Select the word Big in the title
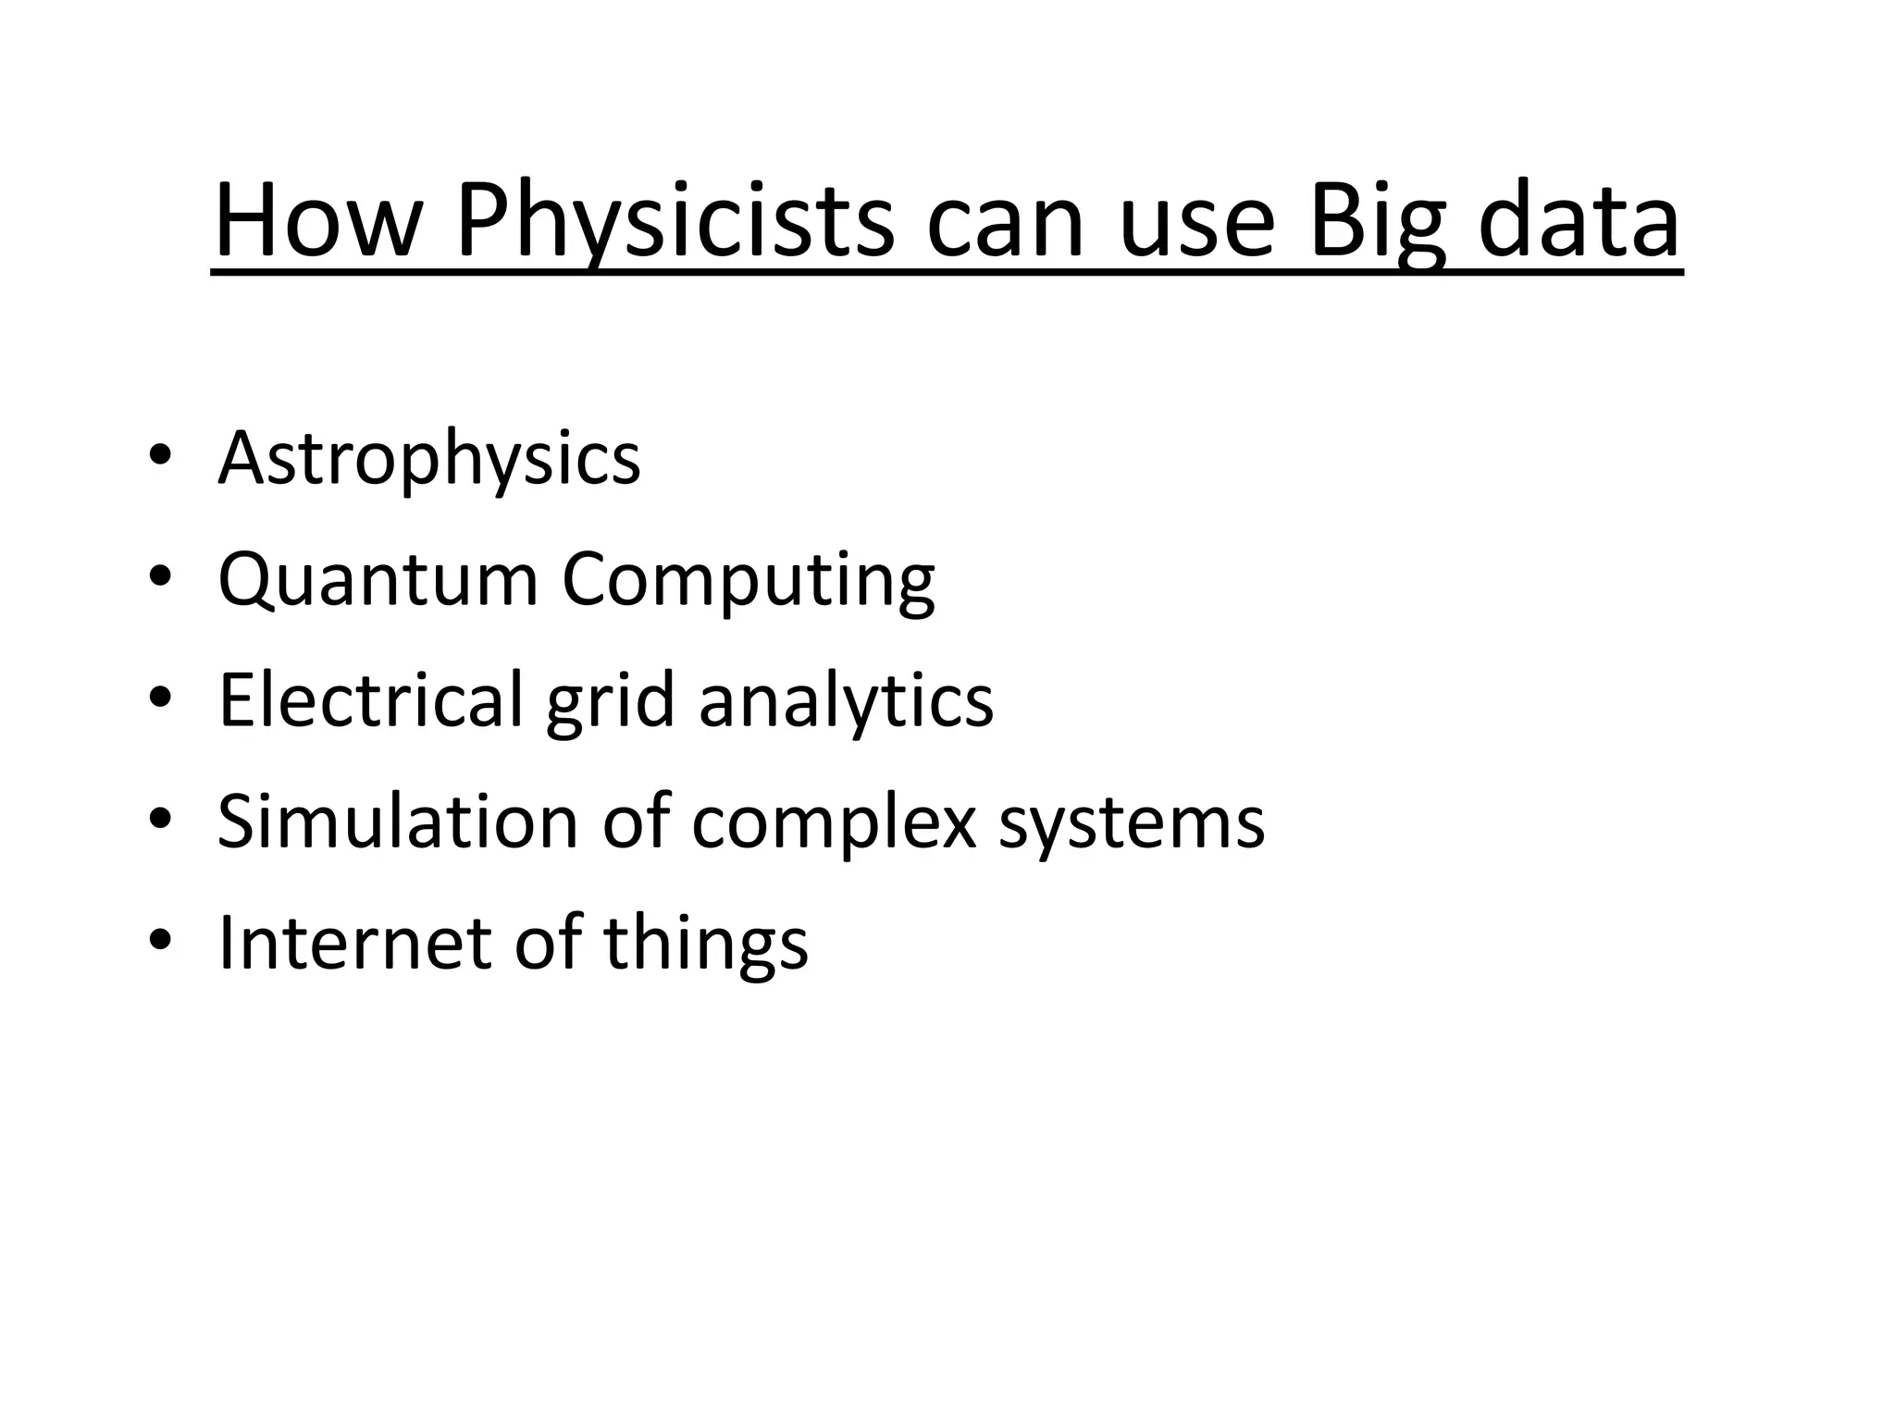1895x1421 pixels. coord(1377,222)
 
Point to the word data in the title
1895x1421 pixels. coord(1579,222)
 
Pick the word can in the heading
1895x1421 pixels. coord(1006,222)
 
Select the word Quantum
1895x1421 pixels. coord(378,580)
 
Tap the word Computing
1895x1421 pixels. coord(749,580)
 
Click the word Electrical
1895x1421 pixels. coord(371,700)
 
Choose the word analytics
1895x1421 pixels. coord(846,700)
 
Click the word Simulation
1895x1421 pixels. coord(397,822)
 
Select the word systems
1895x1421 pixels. coord(1131,822)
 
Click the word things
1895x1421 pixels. coord(705,943)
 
